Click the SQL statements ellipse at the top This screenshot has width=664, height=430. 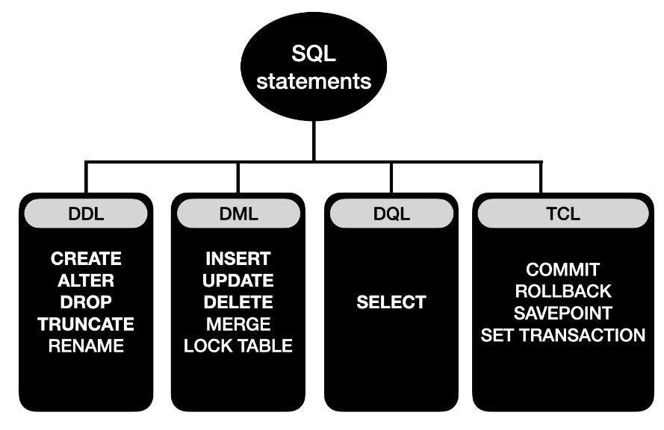(314, 66)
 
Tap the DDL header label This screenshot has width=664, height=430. (85, 214)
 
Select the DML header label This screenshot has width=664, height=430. (238, 214)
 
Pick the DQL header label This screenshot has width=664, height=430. (391, 214)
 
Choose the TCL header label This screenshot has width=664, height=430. (562, 214)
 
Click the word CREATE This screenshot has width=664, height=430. (86, 259)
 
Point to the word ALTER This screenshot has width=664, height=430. (86, 281)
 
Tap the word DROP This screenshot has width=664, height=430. (86, 302)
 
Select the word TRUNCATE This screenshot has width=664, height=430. (86, 324)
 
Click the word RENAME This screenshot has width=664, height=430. (86, 346)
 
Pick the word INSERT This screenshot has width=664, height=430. (238, 259)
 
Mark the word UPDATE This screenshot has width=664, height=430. (238, 281)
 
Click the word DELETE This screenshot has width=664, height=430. (238, 302)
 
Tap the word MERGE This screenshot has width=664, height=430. (238, 324)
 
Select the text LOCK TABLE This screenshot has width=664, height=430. (238, 346)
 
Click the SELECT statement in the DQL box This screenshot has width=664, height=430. (391, 302)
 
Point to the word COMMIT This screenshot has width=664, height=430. (562, 269)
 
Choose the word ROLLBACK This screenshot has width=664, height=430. (562, 291)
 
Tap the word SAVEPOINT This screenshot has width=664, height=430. (562, 313)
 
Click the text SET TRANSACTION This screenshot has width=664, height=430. (562, 334)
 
